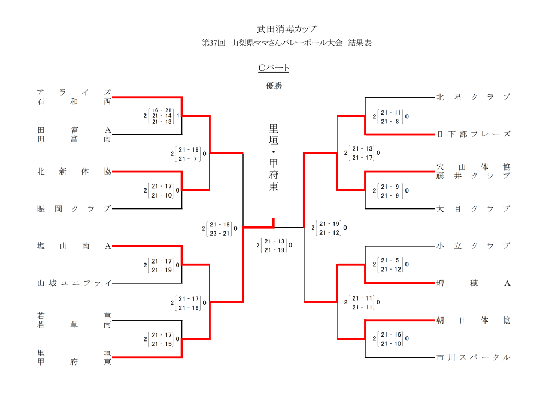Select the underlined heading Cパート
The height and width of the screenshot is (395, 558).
coord(274,68)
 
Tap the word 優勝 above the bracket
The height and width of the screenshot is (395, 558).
coord(274,86)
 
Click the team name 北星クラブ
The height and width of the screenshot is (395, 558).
coord(473,97)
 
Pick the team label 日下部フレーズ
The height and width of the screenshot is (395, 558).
coord(473,134)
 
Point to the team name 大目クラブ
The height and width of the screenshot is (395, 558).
coord(473,208)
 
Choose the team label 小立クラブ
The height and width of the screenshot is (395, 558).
coord(473,246)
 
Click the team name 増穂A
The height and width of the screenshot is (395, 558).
coord(473,283)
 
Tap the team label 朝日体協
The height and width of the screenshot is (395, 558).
coord(473,320)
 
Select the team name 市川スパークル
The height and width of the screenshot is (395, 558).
coord(473,357)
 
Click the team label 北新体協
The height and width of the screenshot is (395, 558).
coord(74,171)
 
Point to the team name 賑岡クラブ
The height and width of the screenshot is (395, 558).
coord(74,208)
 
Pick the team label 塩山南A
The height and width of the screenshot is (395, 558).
coord(74,246)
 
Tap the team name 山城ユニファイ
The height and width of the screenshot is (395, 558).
coord(74,283)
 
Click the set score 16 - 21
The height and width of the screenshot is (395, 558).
coord(162,110)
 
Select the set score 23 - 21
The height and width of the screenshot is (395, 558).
coord(220,234)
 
